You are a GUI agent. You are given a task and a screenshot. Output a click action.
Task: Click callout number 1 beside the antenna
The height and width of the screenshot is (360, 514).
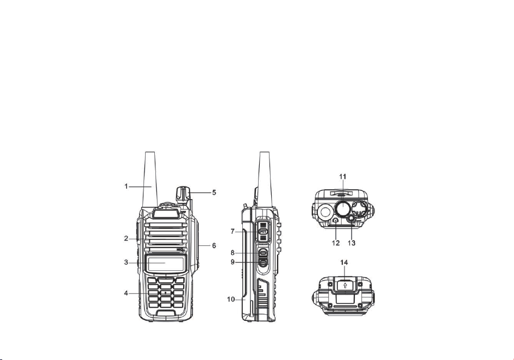click(x=126, y=187)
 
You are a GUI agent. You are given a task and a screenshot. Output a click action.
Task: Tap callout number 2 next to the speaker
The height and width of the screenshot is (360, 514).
click(x=126, y=239)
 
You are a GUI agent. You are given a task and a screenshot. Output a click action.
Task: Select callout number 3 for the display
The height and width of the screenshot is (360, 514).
click(x=126, y=262)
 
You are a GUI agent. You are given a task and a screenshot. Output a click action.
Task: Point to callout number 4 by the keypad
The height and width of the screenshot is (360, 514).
click(x=126, y=293)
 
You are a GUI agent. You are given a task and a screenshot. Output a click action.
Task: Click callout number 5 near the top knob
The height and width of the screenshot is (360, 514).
click(x=214, y=193)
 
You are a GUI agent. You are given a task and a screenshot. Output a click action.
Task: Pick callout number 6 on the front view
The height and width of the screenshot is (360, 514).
click(x=214, y=245)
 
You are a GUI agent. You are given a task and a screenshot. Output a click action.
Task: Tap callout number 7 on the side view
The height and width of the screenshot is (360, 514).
click(x=233, y=232)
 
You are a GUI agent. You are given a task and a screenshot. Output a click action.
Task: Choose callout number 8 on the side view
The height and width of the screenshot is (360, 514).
click(x=233, y=253)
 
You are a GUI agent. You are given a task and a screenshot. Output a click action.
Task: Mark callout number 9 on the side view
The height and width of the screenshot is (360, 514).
click(x=233, y=262)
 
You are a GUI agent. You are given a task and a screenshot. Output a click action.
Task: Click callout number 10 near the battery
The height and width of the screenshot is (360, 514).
click(x=231, y=299)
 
